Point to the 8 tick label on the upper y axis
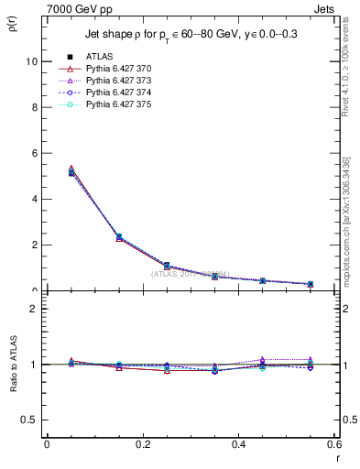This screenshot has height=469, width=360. [34, 107]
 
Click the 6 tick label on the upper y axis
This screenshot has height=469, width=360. [34, 153]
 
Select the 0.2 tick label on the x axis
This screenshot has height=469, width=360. [142, 444]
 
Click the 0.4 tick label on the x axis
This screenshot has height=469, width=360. [238, 444]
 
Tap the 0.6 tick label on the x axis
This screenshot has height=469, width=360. [333, 444]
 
